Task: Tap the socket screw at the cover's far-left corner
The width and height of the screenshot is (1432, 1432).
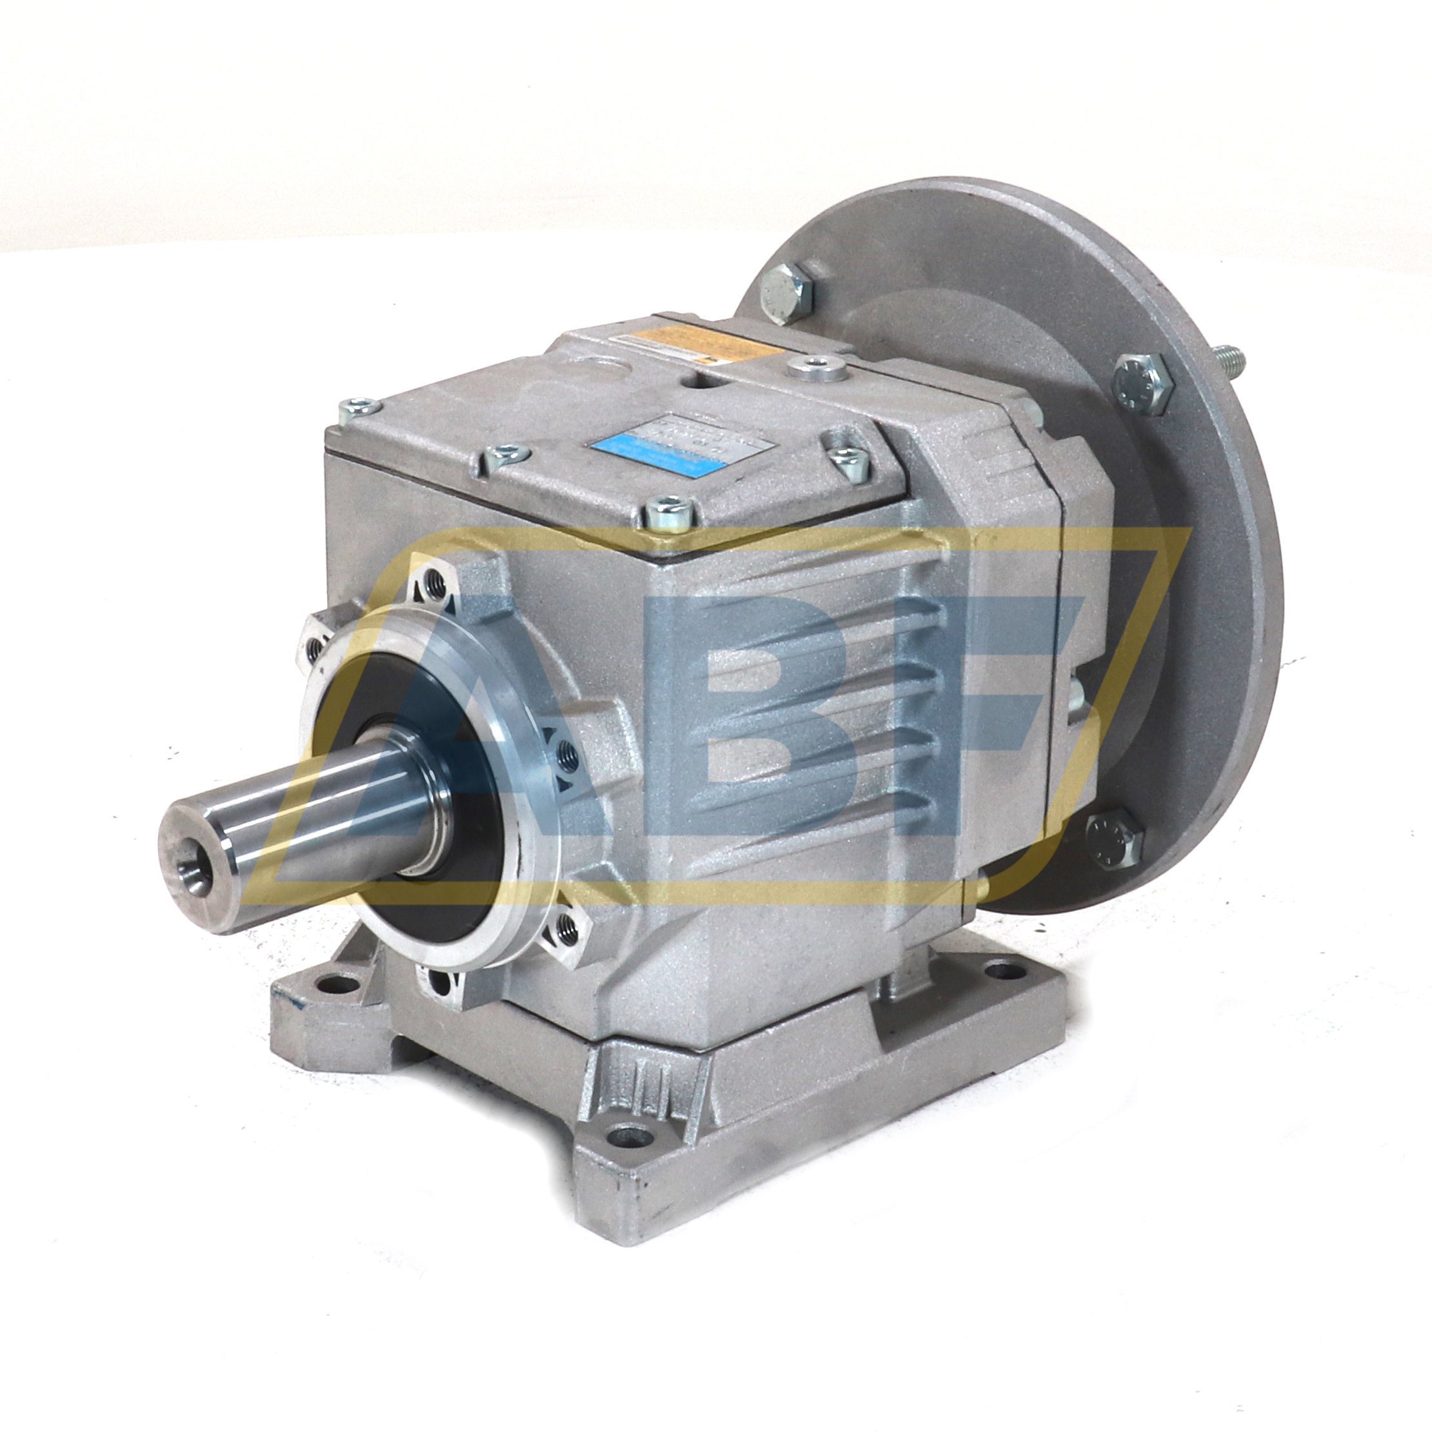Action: pos(358,406)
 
